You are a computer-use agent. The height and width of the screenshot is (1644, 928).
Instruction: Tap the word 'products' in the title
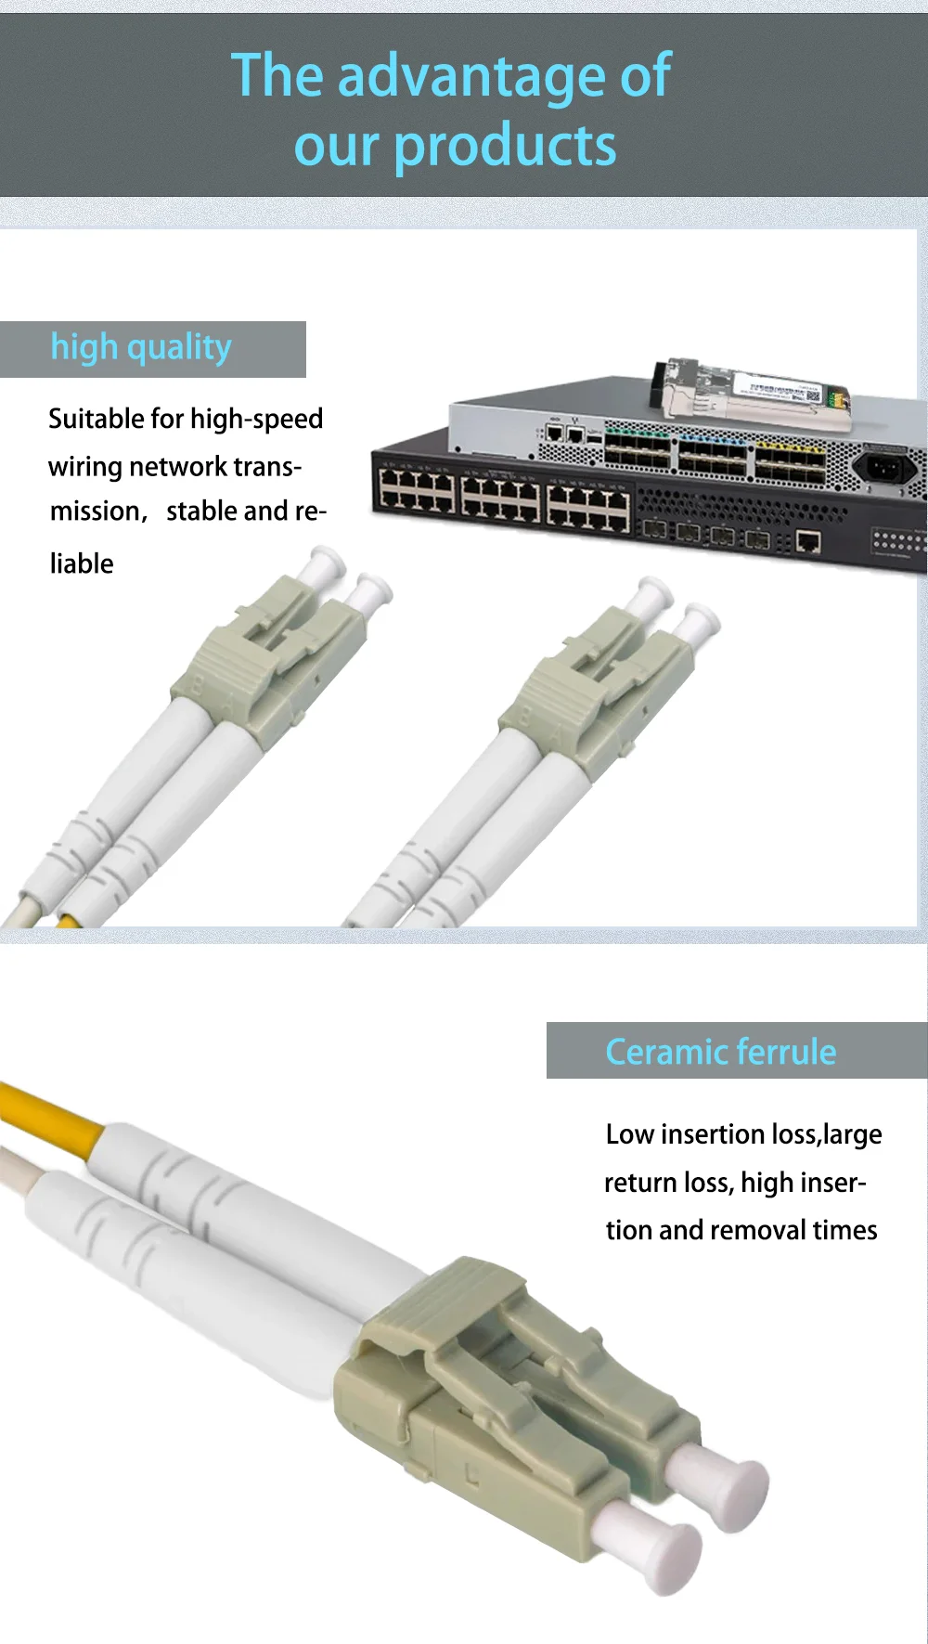[x=505, y=147]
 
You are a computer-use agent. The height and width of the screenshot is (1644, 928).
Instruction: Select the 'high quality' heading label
[x=141, y=348]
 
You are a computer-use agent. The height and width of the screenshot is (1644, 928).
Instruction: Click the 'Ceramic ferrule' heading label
[x=720, y=1052]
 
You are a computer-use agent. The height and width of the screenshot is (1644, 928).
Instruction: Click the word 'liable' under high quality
[x=82, y=563]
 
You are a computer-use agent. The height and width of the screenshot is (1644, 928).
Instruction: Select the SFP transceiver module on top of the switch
[x=752, y=390]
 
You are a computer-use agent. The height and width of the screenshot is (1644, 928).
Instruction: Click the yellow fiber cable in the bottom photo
[x=51, y=1114]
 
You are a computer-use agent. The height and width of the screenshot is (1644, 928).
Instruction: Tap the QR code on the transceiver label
[x=813, y=396]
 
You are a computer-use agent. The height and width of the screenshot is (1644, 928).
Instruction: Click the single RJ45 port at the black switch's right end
[x=808, y=542]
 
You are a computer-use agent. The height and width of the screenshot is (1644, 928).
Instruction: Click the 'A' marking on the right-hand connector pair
[x=557, y=735]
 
